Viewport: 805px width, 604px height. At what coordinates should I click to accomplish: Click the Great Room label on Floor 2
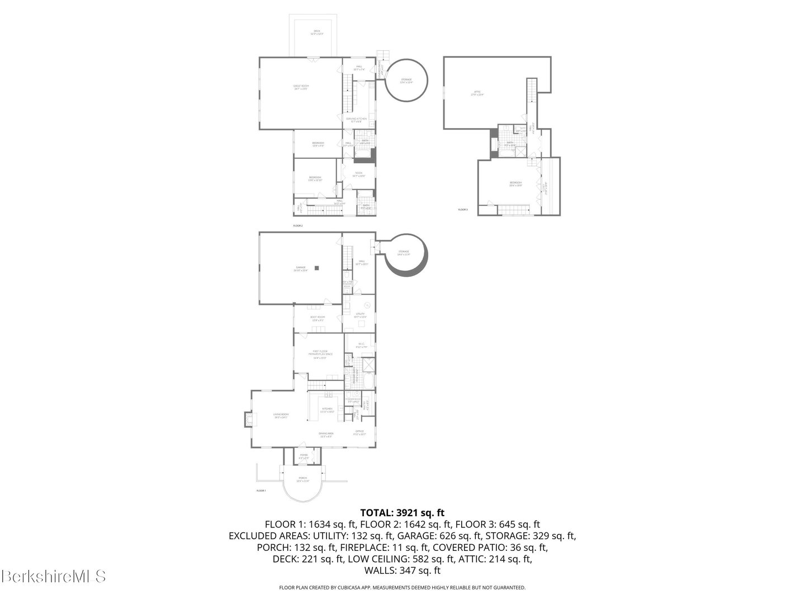301,87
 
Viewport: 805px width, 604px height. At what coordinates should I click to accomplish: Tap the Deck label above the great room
316,32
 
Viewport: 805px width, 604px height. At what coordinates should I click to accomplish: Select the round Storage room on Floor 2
406,81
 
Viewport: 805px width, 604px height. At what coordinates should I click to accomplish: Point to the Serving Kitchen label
356,120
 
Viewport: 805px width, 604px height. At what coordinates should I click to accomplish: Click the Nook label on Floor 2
358,174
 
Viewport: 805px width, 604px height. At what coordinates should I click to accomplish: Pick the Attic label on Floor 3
477,93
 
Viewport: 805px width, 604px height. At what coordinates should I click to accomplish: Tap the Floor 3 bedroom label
515,183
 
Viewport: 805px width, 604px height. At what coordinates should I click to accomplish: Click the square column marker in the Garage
316,268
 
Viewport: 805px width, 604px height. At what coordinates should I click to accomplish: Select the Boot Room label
318,318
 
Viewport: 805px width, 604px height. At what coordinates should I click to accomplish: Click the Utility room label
360,315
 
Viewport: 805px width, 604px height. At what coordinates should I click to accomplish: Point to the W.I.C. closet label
361,345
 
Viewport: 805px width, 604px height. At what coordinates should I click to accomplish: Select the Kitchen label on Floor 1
327,410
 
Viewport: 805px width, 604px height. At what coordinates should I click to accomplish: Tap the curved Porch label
302,480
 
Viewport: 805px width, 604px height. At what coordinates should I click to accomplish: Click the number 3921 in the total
408,512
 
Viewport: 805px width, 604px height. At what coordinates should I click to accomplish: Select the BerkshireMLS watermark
54,576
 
